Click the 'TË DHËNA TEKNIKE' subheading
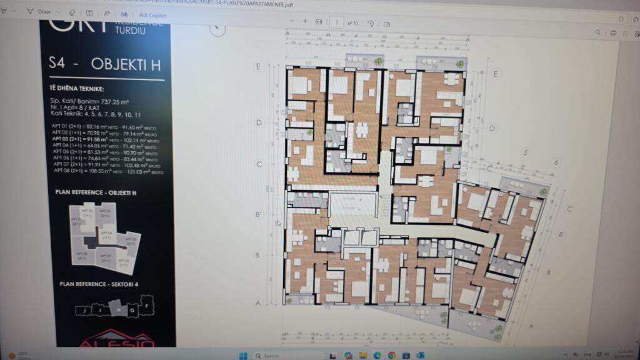click(x=77, y=89)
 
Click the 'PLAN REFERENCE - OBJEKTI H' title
click(x=96, y=193)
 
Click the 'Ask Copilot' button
click(x=152, y=14)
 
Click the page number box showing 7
click(x=337, y=22)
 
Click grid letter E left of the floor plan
click(x=258, y=66)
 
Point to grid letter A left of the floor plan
click(x=258, y=303)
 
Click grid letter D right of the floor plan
click(x=492, y=129)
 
